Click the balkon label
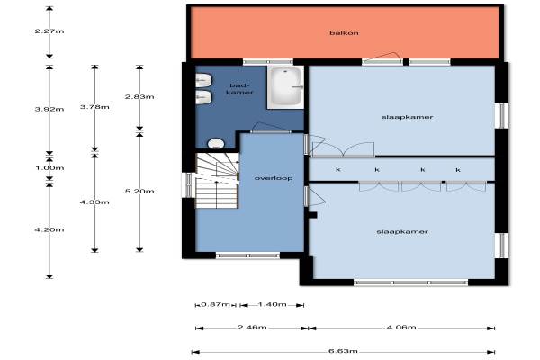click(x=344, y=33)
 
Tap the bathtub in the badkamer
click(x=286, y=86)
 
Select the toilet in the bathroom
click(x=216, y=143)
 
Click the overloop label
click(x=274, y=178)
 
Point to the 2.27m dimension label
click(x=49, y=31)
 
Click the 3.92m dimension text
click(x=49, y=109)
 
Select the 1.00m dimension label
click(x=49, y=168)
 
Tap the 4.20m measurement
click(x=49, y=229)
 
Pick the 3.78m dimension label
click(x=94, y=107)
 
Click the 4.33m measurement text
click(x=94, y=202)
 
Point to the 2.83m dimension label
click(x=139, y=97)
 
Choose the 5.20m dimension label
click(x=139, y=191)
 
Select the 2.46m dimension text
click(x=252, y=328)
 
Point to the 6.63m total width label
click(x=343, y=351)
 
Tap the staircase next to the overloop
click(x=217, y=181)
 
